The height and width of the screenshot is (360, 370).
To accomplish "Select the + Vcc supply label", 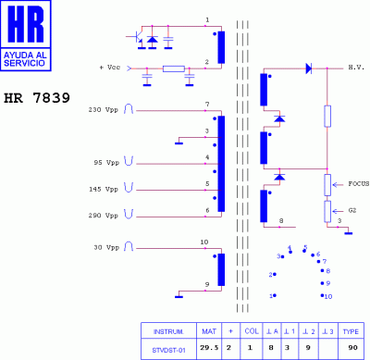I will point(112,68).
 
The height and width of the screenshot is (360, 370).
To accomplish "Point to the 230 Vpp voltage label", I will point(103,110).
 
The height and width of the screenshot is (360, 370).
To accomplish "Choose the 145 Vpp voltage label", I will point(105,189).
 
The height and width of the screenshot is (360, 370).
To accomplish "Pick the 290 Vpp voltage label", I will point(105,215).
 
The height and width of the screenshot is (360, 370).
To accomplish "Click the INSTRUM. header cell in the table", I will point(167,330).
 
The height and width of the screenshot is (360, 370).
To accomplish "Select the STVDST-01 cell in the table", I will point(167,349).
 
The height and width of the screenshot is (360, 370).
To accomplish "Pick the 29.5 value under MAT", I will point(209,349).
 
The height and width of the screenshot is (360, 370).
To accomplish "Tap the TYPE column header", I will point(351,330).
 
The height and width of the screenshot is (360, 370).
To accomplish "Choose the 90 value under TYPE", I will point(351,349).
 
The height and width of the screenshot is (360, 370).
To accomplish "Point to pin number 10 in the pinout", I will point(327,296).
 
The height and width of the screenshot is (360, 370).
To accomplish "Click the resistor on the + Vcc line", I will point(173,68).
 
